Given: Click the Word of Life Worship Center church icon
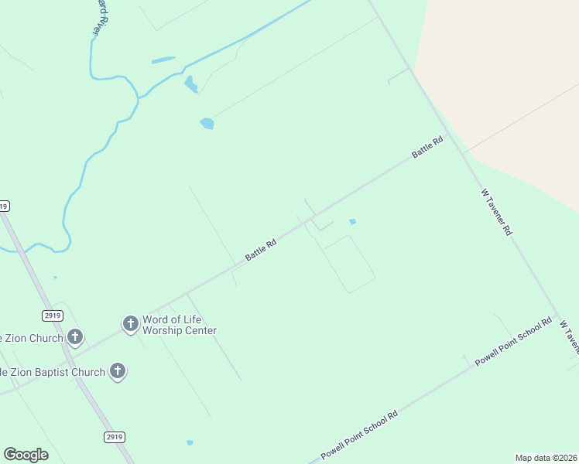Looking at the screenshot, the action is [131, 323].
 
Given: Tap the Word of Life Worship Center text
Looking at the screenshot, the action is [179, 325].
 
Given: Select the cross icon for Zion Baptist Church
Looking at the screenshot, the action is [118, 371].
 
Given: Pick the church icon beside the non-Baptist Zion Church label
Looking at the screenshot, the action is [75, 336].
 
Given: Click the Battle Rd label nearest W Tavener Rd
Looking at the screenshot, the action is [427, 147].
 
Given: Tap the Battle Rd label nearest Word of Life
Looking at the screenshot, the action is [261, 250].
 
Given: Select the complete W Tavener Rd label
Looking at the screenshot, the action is [496, 212].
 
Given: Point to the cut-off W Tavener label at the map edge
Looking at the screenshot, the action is [569, 333].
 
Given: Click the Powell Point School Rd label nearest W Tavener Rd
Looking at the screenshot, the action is [513, 342].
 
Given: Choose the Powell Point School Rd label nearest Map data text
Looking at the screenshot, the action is [359, 435].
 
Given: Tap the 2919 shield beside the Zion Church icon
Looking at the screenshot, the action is [52, 315].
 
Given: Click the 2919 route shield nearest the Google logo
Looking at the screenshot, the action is [114, 437].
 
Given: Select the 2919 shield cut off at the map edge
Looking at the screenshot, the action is [4, 206].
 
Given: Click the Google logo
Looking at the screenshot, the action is [26, 454].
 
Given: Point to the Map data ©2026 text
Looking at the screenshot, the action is [546, 458].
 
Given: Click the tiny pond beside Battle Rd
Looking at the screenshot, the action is [352, 222].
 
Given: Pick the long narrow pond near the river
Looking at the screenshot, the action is [163, 60].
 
